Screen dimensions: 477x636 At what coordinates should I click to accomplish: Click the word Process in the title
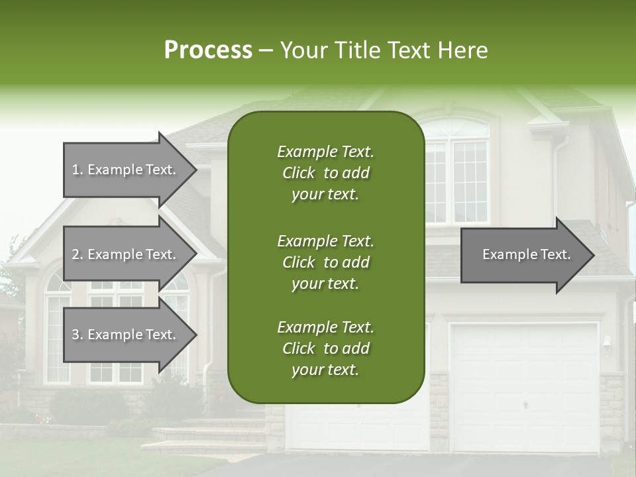(x=208, y=50)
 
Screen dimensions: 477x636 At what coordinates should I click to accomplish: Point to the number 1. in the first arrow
(x=78, y=170)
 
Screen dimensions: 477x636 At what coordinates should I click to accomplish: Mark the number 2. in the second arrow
(x=78, y=254)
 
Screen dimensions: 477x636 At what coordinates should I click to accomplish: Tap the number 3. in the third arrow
(x=78, y=335)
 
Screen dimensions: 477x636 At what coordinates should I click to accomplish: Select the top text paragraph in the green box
(x=325, y=173)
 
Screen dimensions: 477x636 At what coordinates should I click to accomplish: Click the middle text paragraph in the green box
(x=325, y=262)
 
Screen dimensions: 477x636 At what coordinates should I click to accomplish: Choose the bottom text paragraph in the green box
(x=325, y=348)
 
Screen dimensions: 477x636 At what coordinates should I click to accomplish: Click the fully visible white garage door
(x=523, y=388)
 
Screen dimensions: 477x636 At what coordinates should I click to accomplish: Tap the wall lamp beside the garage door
(x=606, y=344)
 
